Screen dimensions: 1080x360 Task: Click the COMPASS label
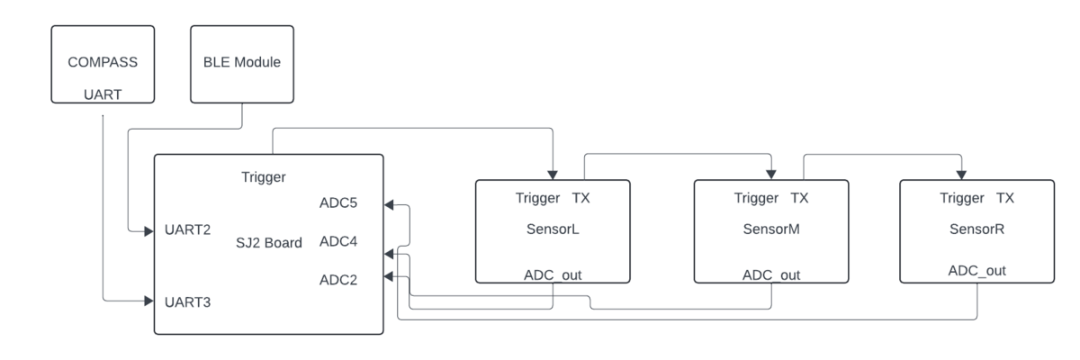103,62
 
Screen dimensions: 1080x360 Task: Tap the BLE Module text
241,62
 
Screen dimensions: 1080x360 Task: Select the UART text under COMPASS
103,94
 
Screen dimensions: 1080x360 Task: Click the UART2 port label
187,229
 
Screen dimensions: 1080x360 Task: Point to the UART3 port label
187,302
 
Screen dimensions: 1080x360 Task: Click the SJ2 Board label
268,242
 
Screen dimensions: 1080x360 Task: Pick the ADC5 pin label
338,202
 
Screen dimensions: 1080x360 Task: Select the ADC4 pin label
338,241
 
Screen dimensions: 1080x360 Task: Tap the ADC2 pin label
338,280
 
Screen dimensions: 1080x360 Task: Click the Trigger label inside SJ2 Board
263,177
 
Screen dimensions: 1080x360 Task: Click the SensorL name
553,229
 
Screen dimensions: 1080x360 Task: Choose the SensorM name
771,229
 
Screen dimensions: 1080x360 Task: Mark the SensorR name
976,229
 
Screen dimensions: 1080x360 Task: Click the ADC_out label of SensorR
976,271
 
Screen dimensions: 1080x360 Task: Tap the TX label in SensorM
799,198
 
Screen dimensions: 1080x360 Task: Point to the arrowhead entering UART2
148,231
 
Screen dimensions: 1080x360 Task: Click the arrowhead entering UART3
148,301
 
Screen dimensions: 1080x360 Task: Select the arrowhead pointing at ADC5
389,205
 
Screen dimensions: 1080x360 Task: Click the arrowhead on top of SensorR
961,175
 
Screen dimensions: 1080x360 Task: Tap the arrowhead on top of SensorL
553,175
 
